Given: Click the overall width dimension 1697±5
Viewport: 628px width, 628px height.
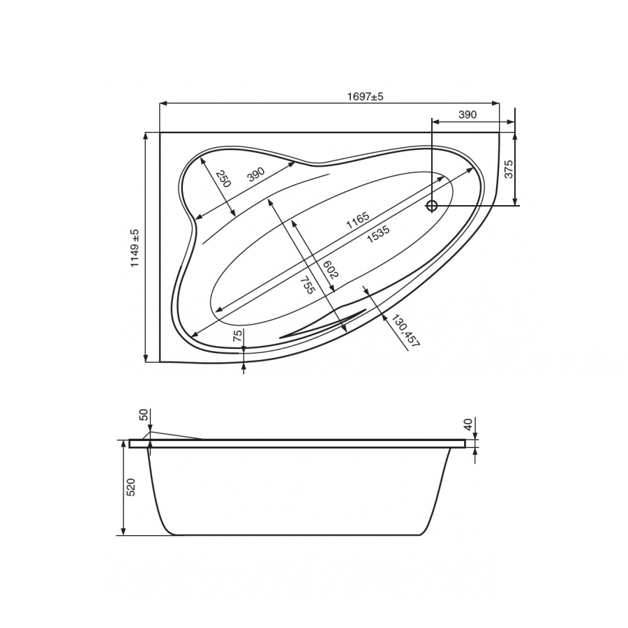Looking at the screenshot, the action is pos(365,96).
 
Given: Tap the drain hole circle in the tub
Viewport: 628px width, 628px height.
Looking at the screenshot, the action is pos(432,206).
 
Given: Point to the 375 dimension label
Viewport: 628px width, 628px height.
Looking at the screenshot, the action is pos(508,170).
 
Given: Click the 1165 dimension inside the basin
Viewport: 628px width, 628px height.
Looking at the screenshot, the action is pos(357,220).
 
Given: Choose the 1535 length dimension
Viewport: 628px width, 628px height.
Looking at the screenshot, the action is pos(378,234).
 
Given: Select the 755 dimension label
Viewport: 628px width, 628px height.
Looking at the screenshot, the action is pos(308,285).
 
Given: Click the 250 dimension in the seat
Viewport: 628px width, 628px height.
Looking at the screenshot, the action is pos(223,179).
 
